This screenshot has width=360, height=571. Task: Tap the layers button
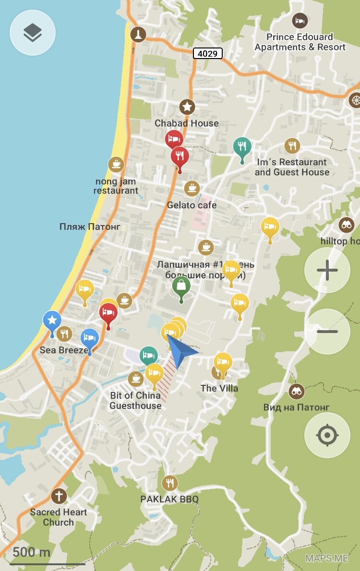point(33,33)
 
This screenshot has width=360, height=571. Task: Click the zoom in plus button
point(327,271)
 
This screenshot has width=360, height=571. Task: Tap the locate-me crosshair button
point(327,435)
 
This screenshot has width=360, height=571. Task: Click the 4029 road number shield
point(208,53)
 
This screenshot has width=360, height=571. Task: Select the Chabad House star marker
point(187,107)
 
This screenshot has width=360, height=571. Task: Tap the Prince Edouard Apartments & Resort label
point(300,42)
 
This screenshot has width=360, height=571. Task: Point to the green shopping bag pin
point(181,287)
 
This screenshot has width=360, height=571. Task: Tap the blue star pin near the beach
point(52,320)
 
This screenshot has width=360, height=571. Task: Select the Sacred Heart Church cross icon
point(59,496)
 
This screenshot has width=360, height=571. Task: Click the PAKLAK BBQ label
point(169,499)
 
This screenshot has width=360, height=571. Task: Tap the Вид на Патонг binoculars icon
point(297,392)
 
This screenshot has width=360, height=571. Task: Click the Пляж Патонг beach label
point(90,226)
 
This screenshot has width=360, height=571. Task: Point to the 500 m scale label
point(31,552)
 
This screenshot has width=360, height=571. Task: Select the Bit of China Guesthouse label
point(135,401)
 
